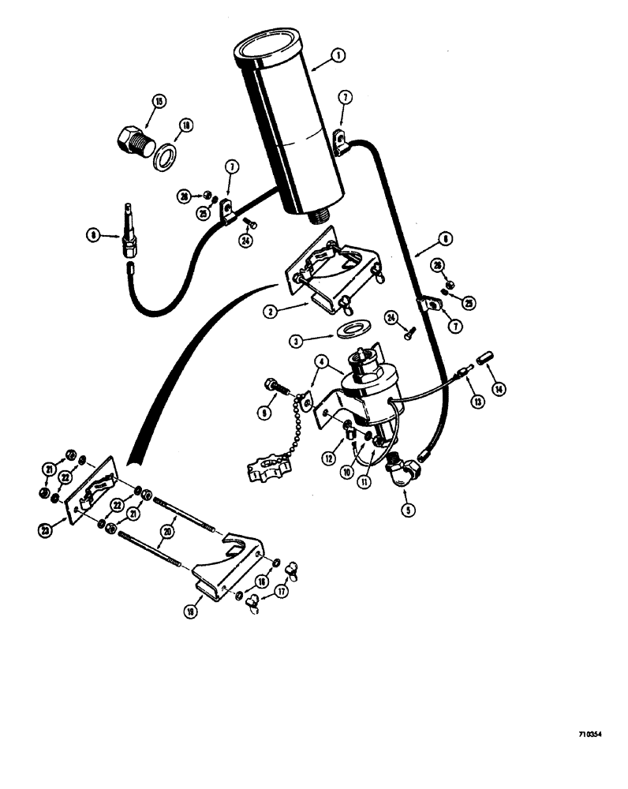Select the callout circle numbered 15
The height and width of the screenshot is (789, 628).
coord(159,103)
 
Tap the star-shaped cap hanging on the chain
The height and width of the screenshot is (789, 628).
coord(267,466)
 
